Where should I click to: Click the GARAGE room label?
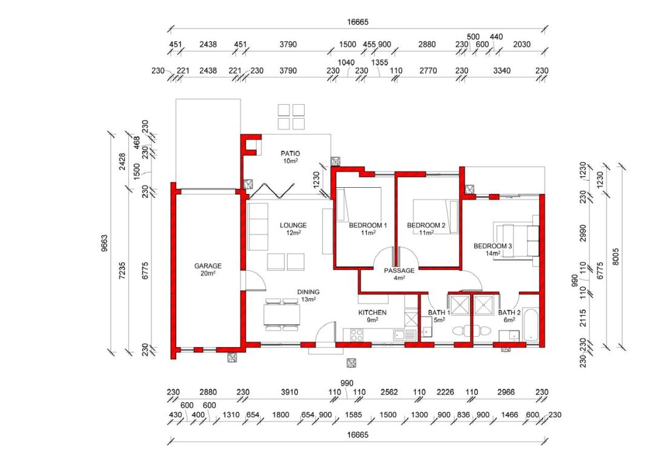(208, 266)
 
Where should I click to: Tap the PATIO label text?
(290, 153)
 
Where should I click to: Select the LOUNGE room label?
(293, 225)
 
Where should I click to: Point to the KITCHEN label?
(372, 313)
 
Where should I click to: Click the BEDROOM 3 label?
(493, 246)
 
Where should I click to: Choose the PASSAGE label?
(400, 270)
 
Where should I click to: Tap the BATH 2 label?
(506, 313)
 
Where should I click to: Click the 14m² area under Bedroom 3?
(493, 254)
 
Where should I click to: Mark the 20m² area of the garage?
(208, 274)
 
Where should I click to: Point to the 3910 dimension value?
(289, 392)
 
